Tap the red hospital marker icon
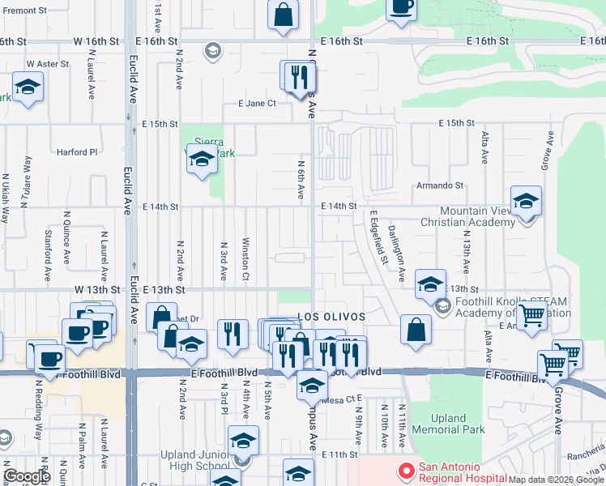click(x=404, y=469)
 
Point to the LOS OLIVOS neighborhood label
click(x=332, y=316)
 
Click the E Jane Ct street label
click(x=257, y=103)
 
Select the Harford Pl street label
click(x=76, y=151)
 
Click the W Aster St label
click(x=48, y=63)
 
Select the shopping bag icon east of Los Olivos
click(x=416, y=330)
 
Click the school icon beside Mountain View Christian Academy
click(x=526, y=202)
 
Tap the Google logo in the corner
click(x=28, y=476)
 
